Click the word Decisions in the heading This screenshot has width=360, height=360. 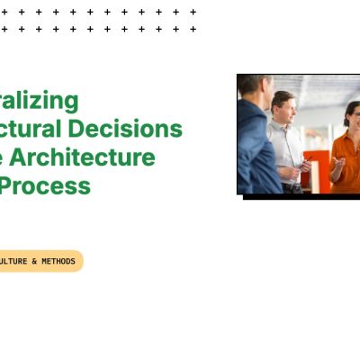[x=144, y=129]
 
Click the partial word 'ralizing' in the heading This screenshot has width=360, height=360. [x=40, y=100]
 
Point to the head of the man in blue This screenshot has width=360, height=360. [x=254, y=87]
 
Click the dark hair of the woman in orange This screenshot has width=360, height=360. [x=350, y=106]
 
